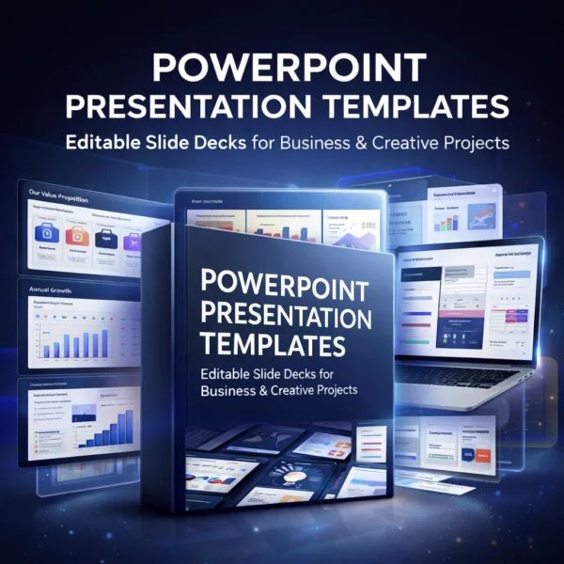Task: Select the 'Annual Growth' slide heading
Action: pos(47,290)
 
